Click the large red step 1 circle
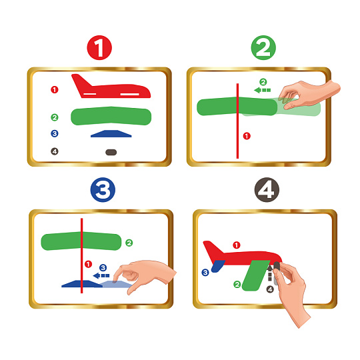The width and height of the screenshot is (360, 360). [99, 48]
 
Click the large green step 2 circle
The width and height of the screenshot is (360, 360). [263, 48]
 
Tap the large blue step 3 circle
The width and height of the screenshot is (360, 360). [103, 189]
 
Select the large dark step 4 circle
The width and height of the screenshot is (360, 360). [267, 189]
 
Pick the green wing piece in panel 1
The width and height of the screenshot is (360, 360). [111, 116]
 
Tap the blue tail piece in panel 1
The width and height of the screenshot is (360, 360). [111, 133]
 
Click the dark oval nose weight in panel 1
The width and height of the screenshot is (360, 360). [111, 152]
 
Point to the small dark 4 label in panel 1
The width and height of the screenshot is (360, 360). [55, 151]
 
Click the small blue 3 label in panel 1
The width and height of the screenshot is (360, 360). [55, 133]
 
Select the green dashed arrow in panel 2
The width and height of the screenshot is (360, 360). [262, 90]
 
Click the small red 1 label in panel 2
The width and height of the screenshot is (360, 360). [247, 136]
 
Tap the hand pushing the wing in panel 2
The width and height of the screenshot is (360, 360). [307, 94]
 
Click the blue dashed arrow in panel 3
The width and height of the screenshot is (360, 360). [101, 275]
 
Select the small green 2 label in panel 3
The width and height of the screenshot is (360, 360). [129, 243]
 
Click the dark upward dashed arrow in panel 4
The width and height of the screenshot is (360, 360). [270, 273]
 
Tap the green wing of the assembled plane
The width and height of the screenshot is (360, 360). [256, 275]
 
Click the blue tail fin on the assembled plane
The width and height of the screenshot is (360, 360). [217, 266]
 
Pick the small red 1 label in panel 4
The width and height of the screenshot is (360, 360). [237, 245]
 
